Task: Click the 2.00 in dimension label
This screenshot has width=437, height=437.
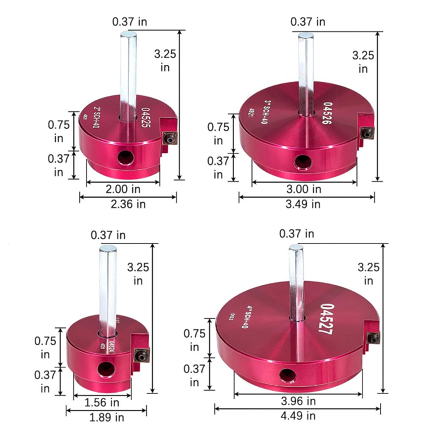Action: [x=123, y=189]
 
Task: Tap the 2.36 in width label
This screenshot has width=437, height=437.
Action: [x=128, y=204]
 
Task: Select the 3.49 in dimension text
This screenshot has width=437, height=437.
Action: [x=303, y=204]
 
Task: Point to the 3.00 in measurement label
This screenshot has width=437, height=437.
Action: [x=304, y=189]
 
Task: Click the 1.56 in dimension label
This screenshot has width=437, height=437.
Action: [x=102, y=402]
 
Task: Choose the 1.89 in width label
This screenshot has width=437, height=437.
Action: [x=107, y=417]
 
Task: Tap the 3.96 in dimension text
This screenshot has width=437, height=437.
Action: [x=298, y=401]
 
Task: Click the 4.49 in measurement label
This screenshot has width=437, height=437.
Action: [x=298, y=416]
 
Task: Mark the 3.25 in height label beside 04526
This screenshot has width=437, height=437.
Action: [x=363, y=62]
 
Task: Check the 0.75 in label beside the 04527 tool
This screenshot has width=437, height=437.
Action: [x=194, y=340]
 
